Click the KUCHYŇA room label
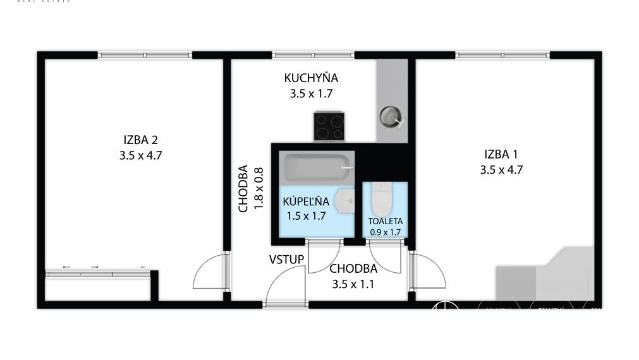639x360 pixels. [x=311, y=78]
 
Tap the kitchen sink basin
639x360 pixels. [x=389, y=116]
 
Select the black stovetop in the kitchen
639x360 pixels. [x=329, y=126]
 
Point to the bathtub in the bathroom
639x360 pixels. [x=315, y=168]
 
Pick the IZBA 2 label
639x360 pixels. [x=140, y=140]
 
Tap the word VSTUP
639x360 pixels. [x=286, y=260]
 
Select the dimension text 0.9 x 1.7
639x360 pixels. [x=386, y=232]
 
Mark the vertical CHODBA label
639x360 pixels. [x=243, y=188]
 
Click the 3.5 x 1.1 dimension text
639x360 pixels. [x=353, y=284]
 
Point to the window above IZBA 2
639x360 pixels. [x=145, y=56]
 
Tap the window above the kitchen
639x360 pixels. [x=313, y=56]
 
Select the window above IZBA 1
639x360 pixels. [x=502, y=56]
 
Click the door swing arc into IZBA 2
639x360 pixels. [x=209, y=272]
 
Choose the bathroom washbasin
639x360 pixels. [x=345, y=201]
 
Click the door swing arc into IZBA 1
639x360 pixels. [x=429, y=271]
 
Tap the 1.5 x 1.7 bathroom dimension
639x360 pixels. [x=306, y=216]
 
